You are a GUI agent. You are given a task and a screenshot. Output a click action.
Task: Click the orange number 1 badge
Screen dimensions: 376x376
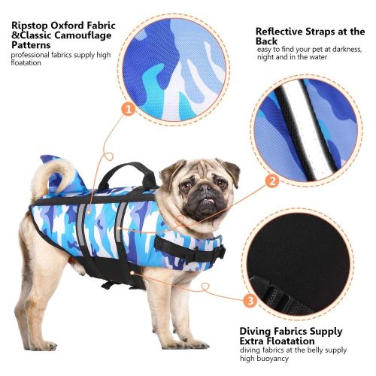point(129,110)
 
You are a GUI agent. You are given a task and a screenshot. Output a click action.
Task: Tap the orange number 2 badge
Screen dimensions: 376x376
point(272,181)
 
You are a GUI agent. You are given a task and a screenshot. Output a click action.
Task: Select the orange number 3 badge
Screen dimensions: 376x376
point(250,300)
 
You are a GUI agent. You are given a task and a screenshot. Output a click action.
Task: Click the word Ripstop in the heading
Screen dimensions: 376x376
point(30,26)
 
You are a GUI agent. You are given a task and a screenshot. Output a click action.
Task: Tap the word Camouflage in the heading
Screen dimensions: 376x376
point(83,35)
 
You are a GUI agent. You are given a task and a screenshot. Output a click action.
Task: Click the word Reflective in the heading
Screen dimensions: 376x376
point(279,32)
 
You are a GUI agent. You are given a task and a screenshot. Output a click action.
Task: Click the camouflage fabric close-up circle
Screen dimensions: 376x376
point(174,69)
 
